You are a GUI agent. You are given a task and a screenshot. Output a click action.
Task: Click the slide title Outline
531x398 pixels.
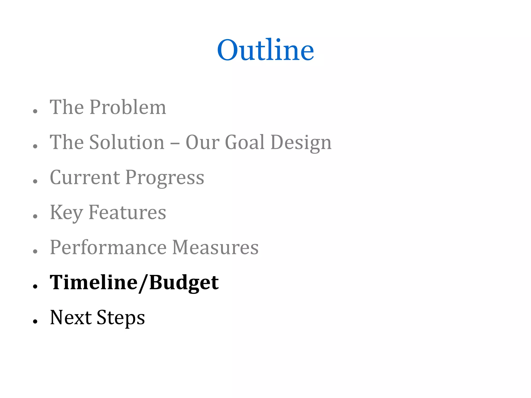265,50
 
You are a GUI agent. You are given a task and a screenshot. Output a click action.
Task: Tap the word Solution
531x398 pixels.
127,142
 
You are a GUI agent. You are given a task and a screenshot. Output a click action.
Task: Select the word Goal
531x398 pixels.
245,142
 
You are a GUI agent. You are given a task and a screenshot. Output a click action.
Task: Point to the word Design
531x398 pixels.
301,143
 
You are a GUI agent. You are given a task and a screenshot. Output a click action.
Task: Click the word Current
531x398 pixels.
85,177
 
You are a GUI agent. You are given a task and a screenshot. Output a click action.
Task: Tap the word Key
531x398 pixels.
66,213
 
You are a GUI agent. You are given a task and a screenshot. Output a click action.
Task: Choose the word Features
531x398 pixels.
127,212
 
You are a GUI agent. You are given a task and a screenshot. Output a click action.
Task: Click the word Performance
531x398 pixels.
108,247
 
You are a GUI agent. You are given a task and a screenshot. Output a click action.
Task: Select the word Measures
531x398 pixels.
215,247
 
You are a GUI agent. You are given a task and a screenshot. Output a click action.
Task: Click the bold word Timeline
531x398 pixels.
94,282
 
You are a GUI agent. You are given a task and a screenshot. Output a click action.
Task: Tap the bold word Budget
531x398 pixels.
184,283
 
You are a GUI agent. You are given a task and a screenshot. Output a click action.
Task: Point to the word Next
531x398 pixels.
71,317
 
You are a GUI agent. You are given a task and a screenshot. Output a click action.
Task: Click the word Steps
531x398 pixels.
121,318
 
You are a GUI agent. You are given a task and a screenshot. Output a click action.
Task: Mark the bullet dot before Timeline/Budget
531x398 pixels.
36,286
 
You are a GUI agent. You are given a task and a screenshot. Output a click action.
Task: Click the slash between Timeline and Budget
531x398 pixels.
143,283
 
